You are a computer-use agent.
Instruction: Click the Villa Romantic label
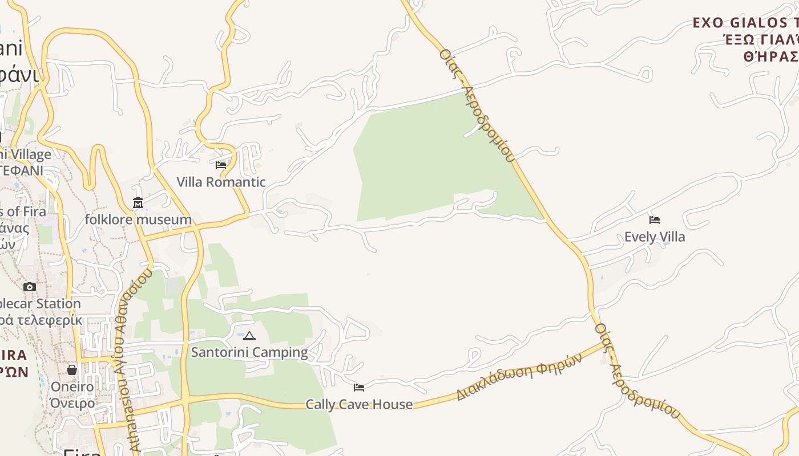tap(221, 182)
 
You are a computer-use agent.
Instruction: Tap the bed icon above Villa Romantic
tap(221, 165)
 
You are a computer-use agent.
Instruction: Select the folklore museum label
tap(138, 219)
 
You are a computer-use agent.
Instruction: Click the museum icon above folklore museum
tap(138, 203)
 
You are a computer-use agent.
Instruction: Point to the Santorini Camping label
tap(249, 352)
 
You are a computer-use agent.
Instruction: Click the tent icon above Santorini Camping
tap(249, 336)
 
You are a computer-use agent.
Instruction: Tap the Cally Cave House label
tap(359, 405)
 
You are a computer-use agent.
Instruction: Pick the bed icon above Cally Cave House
tap(359, 388)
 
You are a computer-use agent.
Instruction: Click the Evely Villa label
tap(655, 237)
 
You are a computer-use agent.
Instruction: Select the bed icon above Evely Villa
tap(655, 219)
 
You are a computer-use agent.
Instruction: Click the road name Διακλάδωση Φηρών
tap(519, 376)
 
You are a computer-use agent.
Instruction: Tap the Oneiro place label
tap(72, 387)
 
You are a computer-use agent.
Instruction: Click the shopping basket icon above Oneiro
tap(72, 370)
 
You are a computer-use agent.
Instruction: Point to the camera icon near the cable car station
tap(30, 287)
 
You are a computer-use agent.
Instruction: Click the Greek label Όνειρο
tap(72, 404)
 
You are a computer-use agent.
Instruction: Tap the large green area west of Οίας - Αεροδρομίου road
tap(422, 160)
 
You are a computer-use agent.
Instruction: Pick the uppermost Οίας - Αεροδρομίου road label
tap(477, 105)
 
